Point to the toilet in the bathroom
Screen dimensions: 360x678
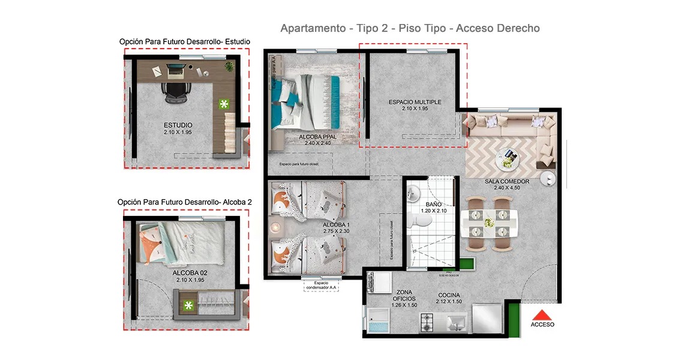point(419,223)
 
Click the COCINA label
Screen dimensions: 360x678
point(449,295)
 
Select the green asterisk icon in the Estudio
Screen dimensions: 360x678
point(224,104)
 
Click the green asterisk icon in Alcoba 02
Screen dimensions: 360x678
point(189,306)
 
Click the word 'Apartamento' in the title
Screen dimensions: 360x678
point(312,28)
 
